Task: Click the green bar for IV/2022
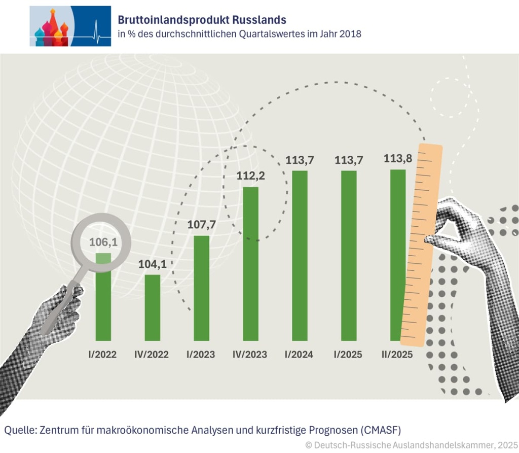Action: pos(153,307)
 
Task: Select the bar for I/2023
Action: pos(202,288)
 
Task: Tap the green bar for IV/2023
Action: pos(251,264)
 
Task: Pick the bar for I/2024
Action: pos(300,255)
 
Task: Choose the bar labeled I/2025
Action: pos(349,255)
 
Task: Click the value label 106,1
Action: pos(103,242)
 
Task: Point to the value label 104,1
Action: pos(153,264)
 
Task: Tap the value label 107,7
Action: pos(202,224)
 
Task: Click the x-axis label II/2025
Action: pos(397,355)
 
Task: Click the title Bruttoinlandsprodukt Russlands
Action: pos(202,20)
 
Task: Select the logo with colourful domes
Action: pos(70,26)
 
